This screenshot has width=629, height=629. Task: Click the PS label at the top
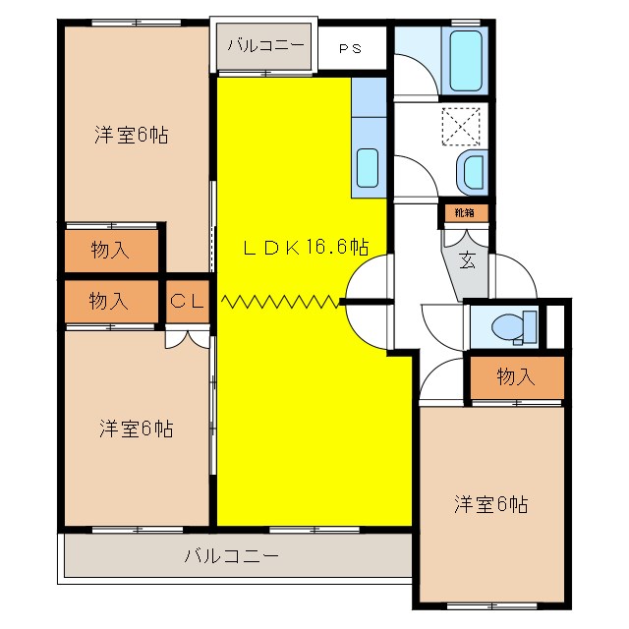click(350, 46)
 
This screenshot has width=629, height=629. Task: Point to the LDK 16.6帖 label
click(307, 248)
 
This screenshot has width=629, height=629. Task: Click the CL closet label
click(187, 302)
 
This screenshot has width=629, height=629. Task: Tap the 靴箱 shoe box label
click(463, 212)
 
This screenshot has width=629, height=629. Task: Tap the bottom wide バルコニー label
click(232, 556)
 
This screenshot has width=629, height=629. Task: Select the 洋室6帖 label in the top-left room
click(132, 136)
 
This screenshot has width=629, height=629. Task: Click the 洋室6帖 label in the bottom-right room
click(490, 504)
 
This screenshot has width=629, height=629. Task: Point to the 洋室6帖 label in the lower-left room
click(136, 429)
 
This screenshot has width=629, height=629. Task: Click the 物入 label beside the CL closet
click(109, 301)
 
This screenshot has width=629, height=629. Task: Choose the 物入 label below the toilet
click(516, 376)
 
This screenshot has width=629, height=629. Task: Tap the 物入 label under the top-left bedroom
click(109, 250)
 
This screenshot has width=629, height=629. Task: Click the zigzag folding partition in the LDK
click(281, 301)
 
